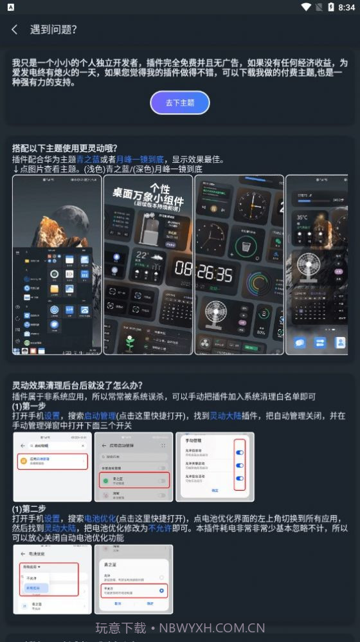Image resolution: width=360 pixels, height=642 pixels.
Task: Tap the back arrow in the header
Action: [15, 30]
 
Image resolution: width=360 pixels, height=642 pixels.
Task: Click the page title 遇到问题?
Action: [53, 30]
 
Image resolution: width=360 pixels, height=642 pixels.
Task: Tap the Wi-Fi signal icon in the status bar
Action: [306, 7]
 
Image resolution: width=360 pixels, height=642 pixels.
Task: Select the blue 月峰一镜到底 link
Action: [139, 159]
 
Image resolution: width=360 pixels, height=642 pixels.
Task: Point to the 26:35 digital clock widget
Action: [215, 273]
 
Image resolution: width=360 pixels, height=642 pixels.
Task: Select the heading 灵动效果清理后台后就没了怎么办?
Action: [77, 386]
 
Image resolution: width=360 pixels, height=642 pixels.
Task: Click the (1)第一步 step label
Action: [30, 407]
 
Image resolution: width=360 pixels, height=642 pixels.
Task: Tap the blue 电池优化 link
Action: [96, 518]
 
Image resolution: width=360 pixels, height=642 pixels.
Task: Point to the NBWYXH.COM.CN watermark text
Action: [212, 628]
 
